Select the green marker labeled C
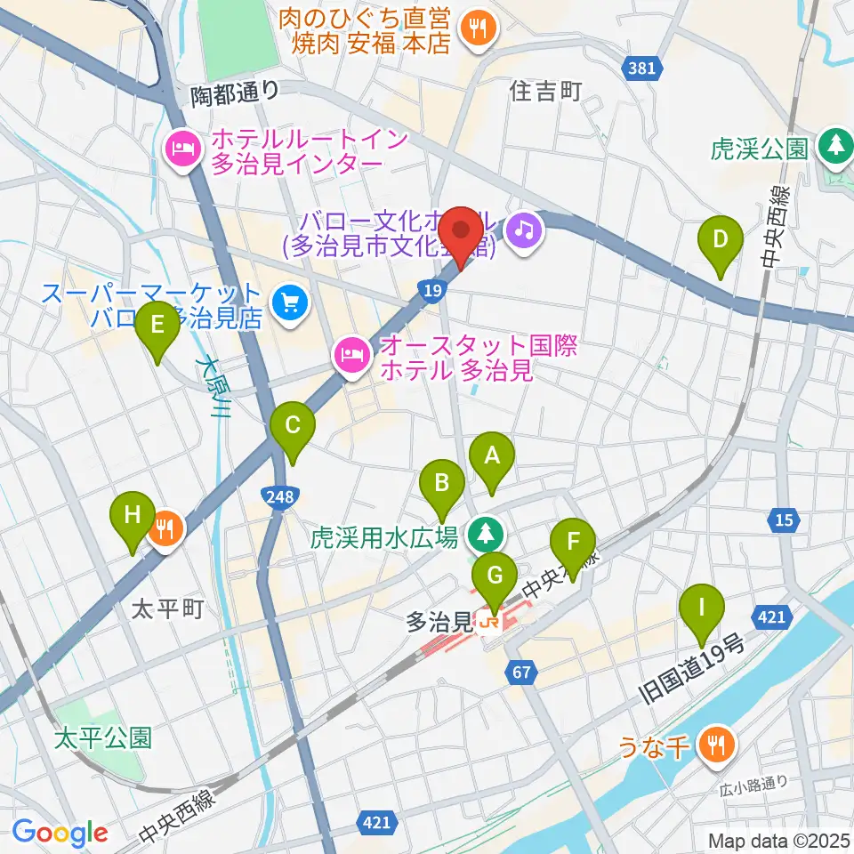click(293, 426)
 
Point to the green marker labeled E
click(157, 326)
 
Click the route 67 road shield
click(521, 673)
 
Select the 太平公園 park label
click(102, 737)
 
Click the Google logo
click(60, 833)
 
